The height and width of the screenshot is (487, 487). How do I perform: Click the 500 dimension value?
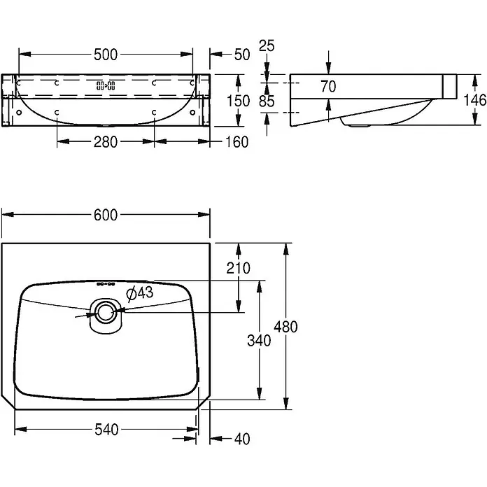106,55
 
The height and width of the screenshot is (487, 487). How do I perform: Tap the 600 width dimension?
106,215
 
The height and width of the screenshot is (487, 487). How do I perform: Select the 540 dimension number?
106,430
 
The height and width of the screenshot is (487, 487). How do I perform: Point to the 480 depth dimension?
285,327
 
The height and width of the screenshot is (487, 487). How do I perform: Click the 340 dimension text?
259,341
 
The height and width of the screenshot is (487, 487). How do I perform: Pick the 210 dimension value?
238,268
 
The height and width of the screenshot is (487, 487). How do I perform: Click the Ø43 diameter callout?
140,293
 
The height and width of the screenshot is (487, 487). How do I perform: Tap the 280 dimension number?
106,142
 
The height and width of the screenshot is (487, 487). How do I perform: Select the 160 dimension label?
237,142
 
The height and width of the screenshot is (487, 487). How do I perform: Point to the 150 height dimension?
238,101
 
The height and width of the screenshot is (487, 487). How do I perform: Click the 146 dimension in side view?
475,100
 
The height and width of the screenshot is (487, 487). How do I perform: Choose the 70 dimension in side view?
329,86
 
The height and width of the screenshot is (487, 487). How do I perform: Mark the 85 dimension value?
267,101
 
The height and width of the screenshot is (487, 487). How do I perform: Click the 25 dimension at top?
267,46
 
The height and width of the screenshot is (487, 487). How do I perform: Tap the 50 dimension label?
242,55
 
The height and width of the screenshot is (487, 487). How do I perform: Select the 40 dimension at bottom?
242,439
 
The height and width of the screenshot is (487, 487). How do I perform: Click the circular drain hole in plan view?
106,313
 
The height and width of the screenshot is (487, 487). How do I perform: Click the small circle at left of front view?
19,112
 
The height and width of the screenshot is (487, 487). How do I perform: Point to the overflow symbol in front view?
106,86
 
